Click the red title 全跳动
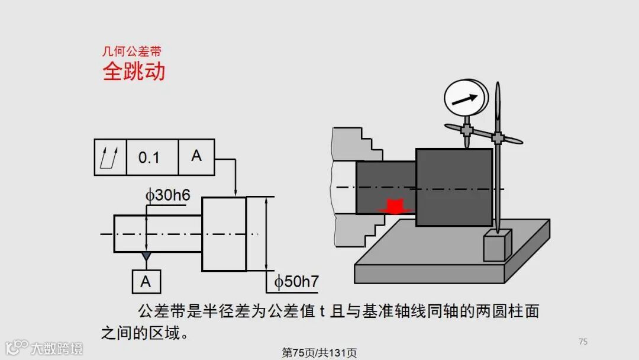[134, 72]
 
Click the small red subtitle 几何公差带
[132, 52]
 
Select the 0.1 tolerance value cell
[149, 157]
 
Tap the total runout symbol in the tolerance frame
[110, 157]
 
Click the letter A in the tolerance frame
[196, 156]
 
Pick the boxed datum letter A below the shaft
[146, 282]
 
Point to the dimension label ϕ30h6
[168, 195]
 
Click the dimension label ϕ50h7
[296, 282]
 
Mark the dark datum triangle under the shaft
[146, 256]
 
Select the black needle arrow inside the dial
[464, 99]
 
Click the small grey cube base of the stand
[497, 245]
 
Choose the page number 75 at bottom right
[583, 341]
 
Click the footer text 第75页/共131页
[319, 353]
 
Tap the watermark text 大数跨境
[57, 348]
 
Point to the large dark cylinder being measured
[454, 187]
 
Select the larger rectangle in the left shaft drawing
[224, 234]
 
